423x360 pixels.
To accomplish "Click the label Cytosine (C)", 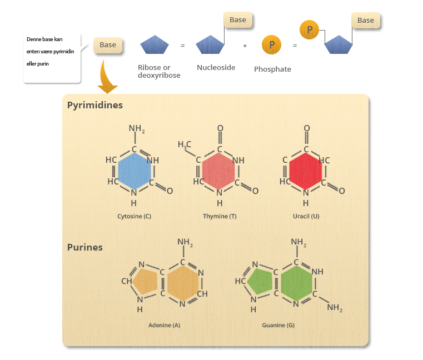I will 134,216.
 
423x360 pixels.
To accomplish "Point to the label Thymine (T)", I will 220,216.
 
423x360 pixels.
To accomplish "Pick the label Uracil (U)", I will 306,216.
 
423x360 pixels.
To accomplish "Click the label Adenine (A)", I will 164,325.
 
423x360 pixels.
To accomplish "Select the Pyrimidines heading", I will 95,104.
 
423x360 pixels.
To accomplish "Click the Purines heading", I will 85,247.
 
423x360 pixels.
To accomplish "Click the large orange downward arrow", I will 107,78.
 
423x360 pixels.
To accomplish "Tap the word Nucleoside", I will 216,68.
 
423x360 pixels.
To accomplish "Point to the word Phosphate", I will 272,69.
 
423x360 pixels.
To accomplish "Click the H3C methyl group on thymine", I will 185,145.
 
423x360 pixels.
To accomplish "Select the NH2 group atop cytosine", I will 137,129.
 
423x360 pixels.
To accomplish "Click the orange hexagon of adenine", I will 182,283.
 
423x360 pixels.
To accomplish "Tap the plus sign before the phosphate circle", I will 245,46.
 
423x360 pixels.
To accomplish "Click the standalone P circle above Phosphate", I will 272,45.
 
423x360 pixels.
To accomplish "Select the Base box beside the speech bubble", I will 108,45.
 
